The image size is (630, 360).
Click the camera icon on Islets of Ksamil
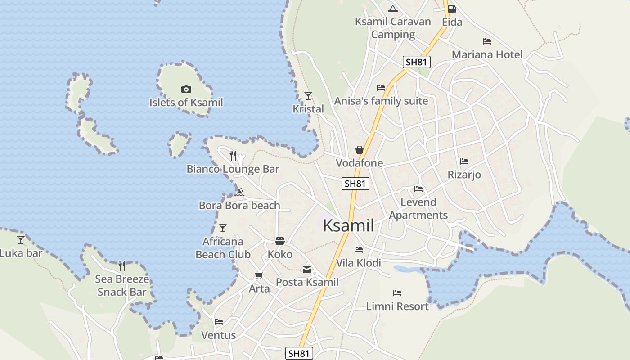(x=186, y=90)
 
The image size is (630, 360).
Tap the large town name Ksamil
(x=348, y=225)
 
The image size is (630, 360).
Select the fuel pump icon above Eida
(x=452, y=9)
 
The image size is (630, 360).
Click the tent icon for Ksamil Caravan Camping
(x=393, y=9)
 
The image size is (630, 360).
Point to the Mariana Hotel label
(x=487, y=55)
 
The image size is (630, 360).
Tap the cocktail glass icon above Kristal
(x=308, y=95)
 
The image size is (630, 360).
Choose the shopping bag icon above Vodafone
(x=359, y=149)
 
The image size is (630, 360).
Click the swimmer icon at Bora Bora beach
(x=239, y=192)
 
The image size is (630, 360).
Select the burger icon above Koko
(x=280, y=241)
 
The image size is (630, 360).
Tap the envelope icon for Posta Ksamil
(x=307, y=270)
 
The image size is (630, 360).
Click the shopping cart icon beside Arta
(x=259, y=275)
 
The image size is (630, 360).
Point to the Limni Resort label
(x=397, y=306)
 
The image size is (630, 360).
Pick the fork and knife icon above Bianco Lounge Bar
(x=233, y=156)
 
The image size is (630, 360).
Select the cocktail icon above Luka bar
(x=21, y=240)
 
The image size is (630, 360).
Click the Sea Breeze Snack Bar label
(x=122, y=285)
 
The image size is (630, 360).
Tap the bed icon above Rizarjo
(x=464, y=162)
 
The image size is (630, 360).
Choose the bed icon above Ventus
(x=219, y=322)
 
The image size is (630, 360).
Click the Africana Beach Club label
(x=223, y=248)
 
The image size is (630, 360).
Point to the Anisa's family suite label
(x=381, y=101)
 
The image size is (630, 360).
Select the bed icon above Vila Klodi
(x=359, y=249)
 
